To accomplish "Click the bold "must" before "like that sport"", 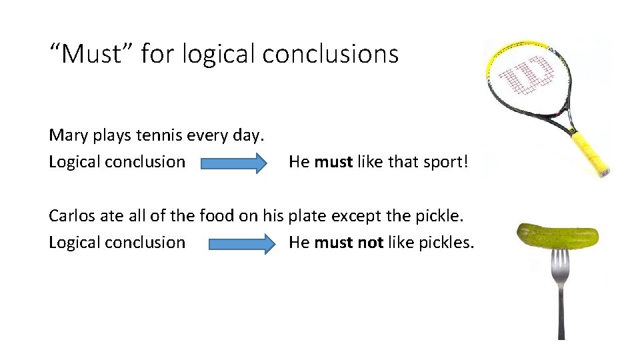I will click(333, 161).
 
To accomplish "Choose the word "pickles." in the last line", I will click(446, 242).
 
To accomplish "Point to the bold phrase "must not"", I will click(348, 242).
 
